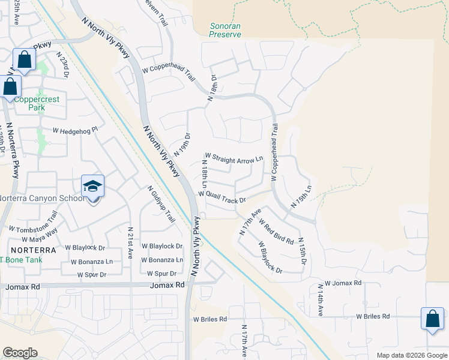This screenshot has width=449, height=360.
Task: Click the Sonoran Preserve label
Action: pyautogui.click(x=226, y=30)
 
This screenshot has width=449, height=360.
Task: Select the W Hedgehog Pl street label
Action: pyautogui.click(x=75, y=130)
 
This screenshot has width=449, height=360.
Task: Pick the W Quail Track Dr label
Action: pyautogui.click(x=222, y=197)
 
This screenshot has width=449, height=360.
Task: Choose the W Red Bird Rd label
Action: pyautogui.click(x=276, y=232)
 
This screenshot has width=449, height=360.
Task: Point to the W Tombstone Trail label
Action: pyautogui.click(x=33, y=223)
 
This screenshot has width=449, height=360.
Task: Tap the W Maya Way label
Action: pyautogui.click(x=43, y=233)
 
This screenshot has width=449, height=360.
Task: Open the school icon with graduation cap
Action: pyautogui.click(x=93, y=187)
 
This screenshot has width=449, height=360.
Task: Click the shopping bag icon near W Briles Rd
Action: pyautogui.click(x=432, y=320)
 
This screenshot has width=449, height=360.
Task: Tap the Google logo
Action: pyautogui.click(x=20, y=353)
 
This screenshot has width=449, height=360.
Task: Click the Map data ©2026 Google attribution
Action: pyautogui.click(x=411, y=355)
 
